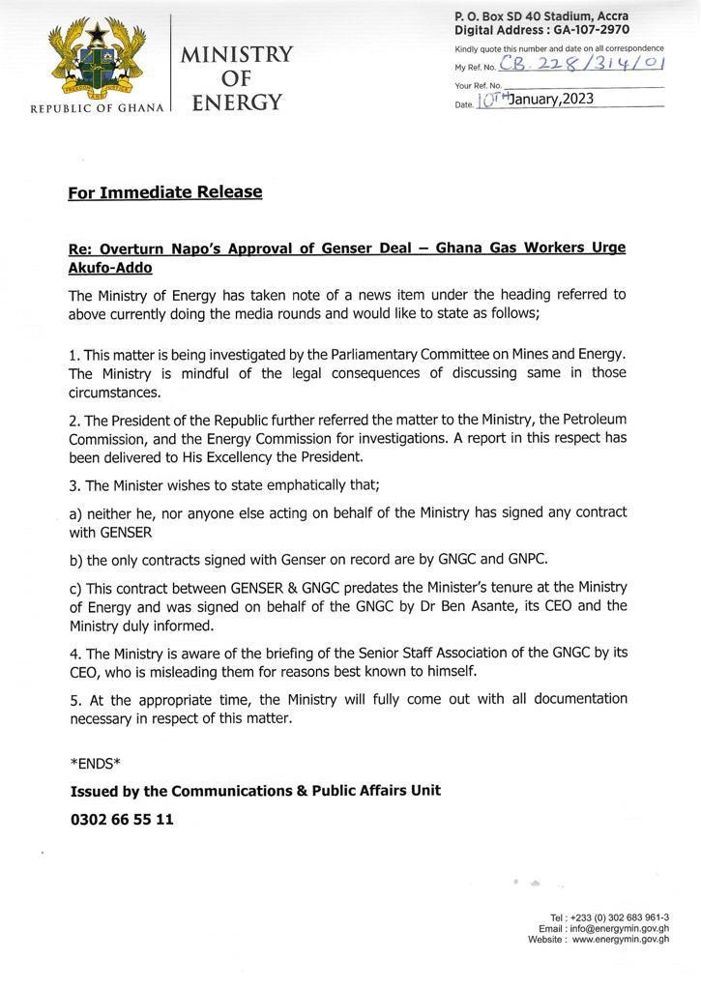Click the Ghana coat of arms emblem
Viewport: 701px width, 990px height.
click(x=94, y=61)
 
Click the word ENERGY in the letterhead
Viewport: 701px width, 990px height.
click(x=237, y=102)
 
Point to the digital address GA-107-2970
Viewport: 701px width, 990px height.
click(x=590, y=30)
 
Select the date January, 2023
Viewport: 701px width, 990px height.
click(x=551, y=100)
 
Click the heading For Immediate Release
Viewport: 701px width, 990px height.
click(x=165, y=192)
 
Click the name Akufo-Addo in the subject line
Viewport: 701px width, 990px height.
click(x=110, y=267)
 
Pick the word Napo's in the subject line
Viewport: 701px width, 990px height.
click(x=204, y=248)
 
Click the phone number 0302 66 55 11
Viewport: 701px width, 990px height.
click(x=122, y=820)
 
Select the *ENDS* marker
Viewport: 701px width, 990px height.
click(x=95, y=764)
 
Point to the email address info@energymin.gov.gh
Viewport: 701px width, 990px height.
click(x=619, y=928)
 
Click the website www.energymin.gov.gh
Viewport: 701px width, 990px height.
click(x=620, y=939)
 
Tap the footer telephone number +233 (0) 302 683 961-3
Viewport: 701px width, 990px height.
click(x=622, y=917)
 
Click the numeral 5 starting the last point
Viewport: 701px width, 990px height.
click(x=73, y=699)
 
